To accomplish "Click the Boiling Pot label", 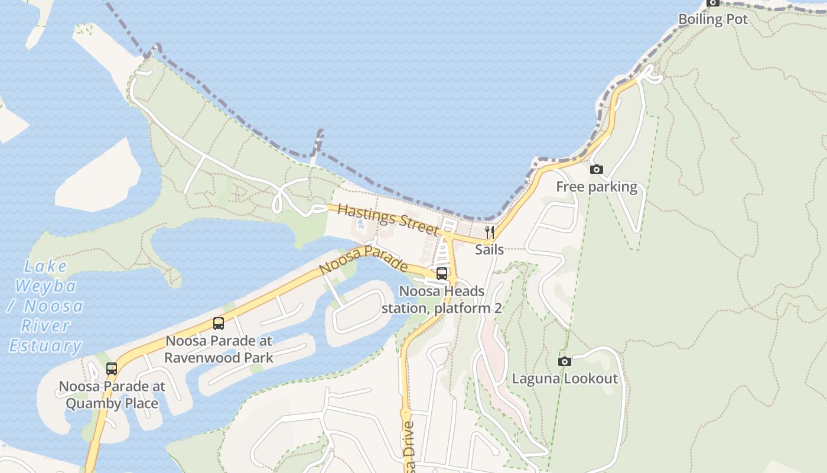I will pyautogui.click(x=713, y=19).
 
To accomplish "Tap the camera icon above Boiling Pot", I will pyautogui.click(x=713, y=3).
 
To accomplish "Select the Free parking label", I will pyautogui.click(x=597, y=187).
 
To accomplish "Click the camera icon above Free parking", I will pyautogui.click(x=597, y=170).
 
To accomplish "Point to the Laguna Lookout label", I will pyautogui.click(x=565, y=378).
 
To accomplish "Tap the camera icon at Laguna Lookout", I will pyautogui.click(x=565, y=361).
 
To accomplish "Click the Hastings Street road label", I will pyautogui.click(x=389, y=219).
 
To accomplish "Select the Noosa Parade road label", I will pyautogui.click(x=363, y=260).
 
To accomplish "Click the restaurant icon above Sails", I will pyautogui.click(x=490, y=232).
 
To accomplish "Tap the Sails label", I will pyautogui.click(x=490, y=249).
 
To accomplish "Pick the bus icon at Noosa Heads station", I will pyautogui.click(x=442, y=274).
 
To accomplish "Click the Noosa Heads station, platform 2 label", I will pyautogui.click(x=442, y=300).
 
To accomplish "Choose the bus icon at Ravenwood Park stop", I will pyautogui.click(x=219, y=323).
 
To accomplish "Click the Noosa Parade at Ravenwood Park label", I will pyautogui.click(x=219, y=349).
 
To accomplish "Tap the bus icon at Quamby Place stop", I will pyautogui.click(x=112, y=369).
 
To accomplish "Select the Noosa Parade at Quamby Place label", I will pyautogui.click(x=112, y=395).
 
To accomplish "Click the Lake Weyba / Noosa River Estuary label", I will pyautogui.click(x=45, y=306).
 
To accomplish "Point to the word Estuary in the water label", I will pyautogui.click(x=45, y=346).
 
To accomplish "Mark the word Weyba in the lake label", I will pyautogui.click(x=45, y=286).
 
